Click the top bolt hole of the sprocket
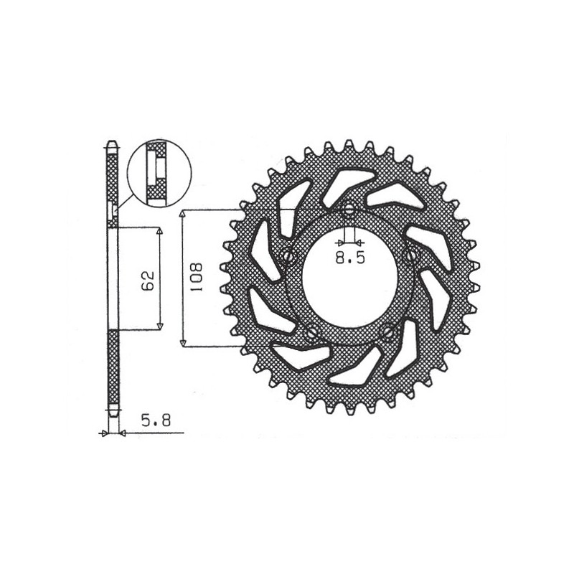click(349, 210)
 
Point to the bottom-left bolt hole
click(311, 333)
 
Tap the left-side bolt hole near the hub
click(288, 256)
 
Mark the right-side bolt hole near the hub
click(411, 255)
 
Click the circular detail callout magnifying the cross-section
click(158, 173)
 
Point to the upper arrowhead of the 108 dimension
click(184, 215)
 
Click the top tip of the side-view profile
click(111, 143)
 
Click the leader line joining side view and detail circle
click(122, 202)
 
